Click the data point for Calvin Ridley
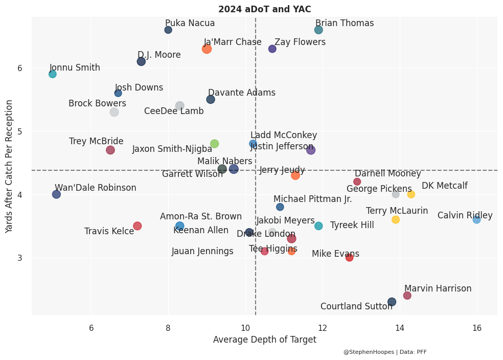[x=476, y=219]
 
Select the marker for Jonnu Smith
[x=53, y=74]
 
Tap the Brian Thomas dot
[x=318, y=30]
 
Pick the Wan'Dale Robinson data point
[x=56, y=194]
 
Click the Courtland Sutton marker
[x=392, y=302]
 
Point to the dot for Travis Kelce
[x=137, y=226]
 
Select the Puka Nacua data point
[x=168, y=30]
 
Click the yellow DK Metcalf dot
[x=411, y=194]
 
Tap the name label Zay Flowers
[x=300, y=42]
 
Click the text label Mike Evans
[x=335, y=254]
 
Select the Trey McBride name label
[x=96, y=141]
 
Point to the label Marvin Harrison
[x=438, y=288]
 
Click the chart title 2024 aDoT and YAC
[x=264, y=9]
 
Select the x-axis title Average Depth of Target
[x=264, y=340]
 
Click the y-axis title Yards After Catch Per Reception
[x=9, y=166]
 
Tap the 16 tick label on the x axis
[x=477, y=327]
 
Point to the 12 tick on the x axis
[x=323, y=327]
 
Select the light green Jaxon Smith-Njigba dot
[x=214, y=144]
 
